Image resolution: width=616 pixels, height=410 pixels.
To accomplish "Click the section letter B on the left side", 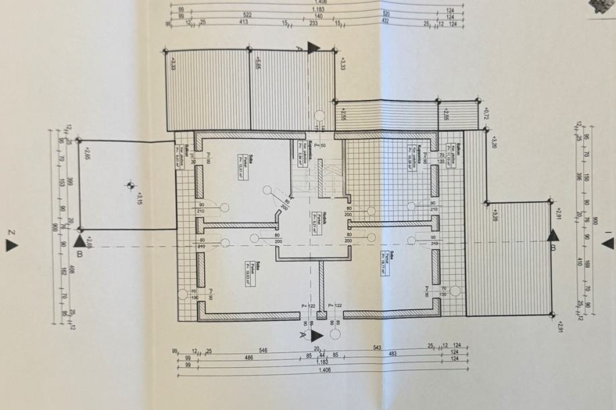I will point(80,254).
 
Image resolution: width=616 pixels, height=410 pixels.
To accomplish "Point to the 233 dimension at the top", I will point(313,22).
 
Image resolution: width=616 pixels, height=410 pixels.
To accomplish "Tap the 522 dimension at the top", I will point(229,15).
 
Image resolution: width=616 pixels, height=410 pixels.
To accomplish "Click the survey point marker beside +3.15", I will point(129,186).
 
